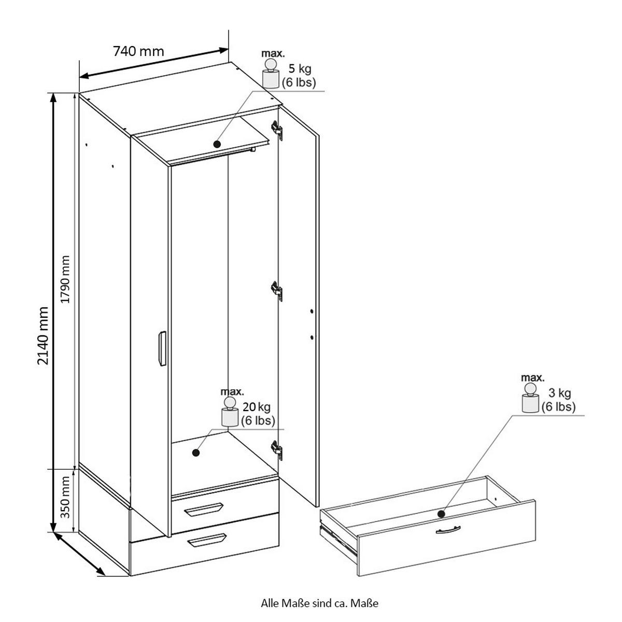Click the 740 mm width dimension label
(x=138, y=51)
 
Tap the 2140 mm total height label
(x=43, y=336)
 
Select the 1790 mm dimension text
(x=65, y=279)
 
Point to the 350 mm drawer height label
(x=65, y=498)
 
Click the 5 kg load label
(x=300, y=68)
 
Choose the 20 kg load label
(x=257, y=407)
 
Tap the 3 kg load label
(x=560, y=393)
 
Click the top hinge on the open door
(x=277, y=131)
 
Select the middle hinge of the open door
(x=277, y=291)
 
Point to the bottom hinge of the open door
(x=277, y=449)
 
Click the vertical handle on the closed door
(x=162, y=348)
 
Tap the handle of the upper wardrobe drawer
(x=204, y=510)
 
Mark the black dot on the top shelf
(x=217, y=144)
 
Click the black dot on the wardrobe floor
(x=195, y=453)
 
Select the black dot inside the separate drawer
(x=441, y=514)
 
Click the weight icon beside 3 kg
(x=530, y=398)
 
